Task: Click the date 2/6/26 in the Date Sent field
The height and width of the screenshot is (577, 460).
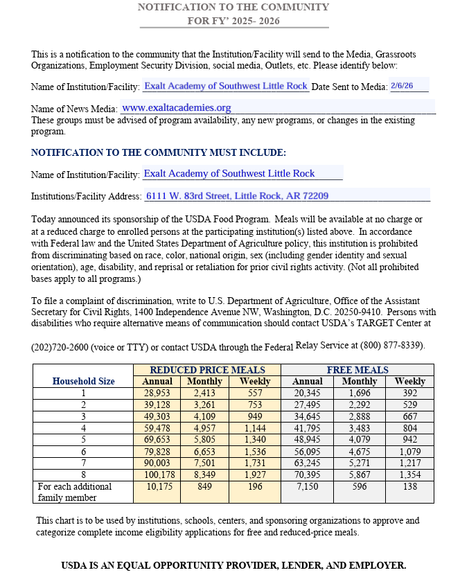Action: tap(402, 86)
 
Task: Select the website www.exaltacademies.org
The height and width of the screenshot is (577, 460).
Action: tap(177, 108)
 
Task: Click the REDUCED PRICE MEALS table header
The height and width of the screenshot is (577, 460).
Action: tap(207, 370)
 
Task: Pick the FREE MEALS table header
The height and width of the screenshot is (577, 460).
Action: tap(357, 370)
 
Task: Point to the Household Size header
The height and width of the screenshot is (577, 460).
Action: tap(83, 381)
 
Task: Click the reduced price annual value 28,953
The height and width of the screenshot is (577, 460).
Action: tap(157, 393)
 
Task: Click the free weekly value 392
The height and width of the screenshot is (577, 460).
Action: tap(410, 393)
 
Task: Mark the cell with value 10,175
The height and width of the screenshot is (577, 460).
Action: tap(157, 486)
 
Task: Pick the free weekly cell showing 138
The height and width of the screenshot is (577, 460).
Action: tap(410, 486)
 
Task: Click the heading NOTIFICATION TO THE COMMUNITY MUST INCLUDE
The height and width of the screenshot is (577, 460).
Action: tap(159, 152)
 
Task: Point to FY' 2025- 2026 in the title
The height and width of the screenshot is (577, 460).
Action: tap(233, 21)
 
